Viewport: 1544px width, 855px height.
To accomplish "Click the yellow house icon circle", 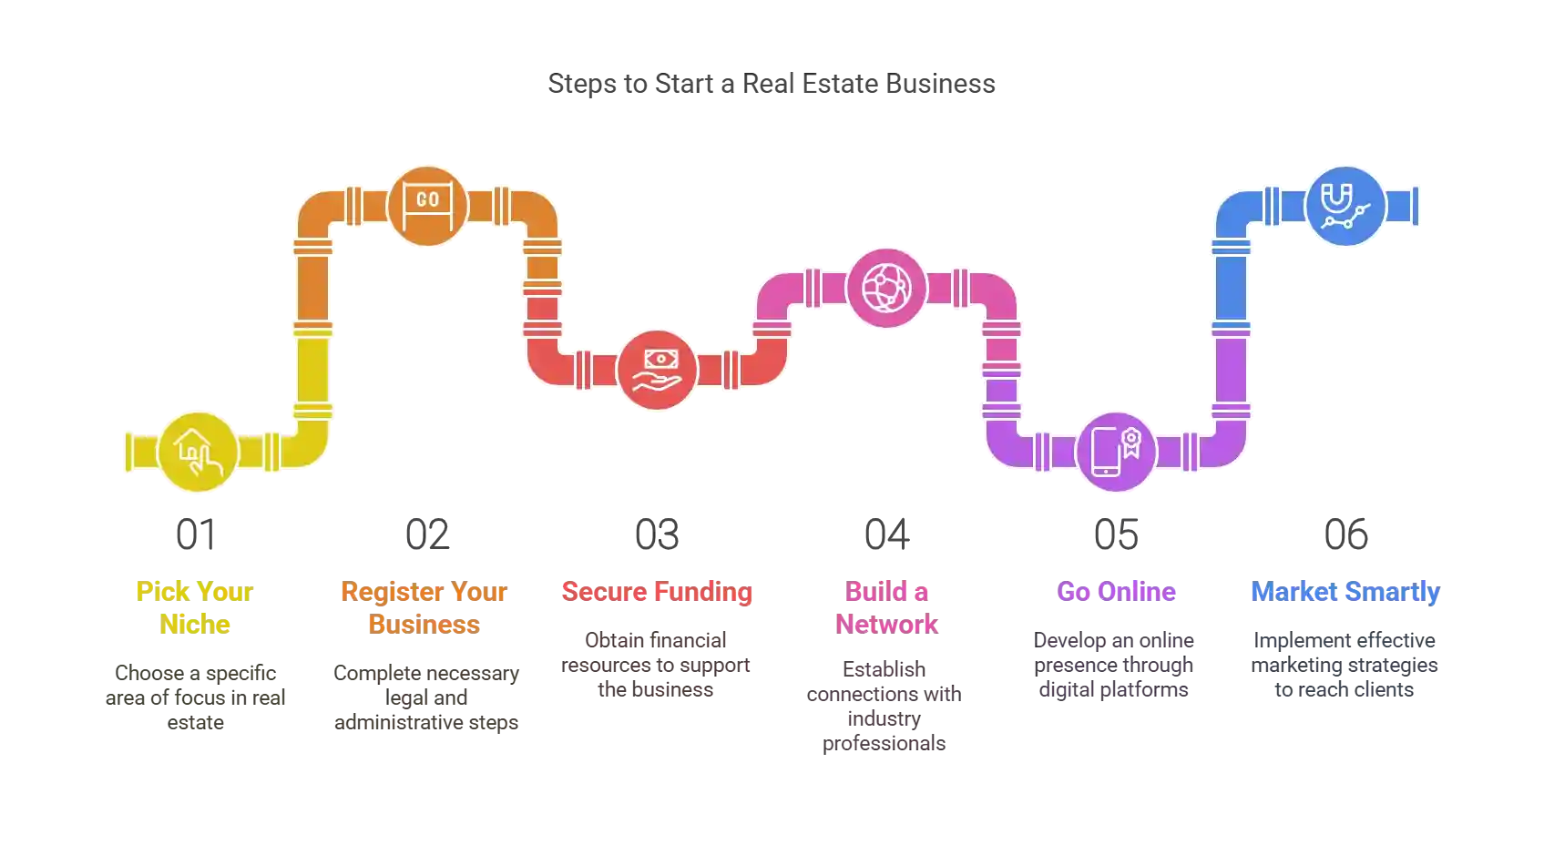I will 198,452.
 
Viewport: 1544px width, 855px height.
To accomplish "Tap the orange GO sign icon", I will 427,205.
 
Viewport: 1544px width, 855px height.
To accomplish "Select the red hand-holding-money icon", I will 657,370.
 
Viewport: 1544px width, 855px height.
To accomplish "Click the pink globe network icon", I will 886,288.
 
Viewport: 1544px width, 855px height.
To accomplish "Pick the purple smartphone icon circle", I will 1116,452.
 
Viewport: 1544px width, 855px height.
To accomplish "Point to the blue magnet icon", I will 1345,205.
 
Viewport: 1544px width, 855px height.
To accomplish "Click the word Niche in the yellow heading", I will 196,624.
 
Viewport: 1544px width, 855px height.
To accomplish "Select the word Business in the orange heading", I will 424,624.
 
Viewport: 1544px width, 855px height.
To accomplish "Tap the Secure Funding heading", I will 657,592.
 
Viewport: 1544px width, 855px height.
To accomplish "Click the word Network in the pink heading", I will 886,624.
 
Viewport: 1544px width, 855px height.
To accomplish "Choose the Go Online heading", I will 1117,592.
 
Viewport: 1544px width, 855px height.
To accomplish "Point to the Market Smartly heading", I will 1345,592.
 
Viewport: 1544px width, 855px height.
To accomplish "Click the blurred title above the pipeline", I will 772,83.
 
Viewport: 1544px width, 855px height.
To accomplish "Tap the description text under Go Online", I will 1115,666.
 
